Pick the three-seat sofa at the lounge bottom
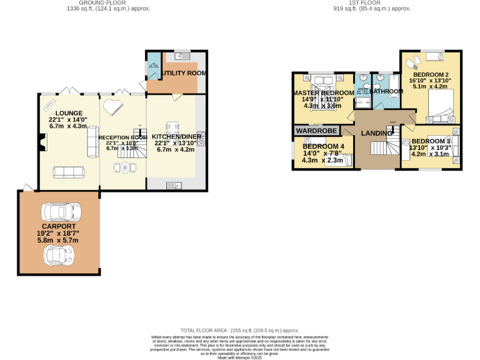tap(67, 171)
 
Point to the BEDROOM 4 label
tap(323, 146)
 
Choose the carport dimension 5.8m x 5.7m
tap(59, 240)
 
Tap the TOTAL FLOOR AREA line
tap(239, 330)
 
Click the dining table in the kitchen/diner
tap(174, 122)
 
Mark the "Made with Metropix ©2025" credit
tap(240, 357)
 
